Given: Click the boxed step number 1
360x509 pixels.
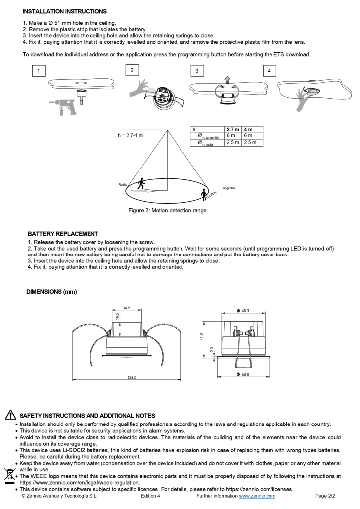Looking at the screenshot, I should click(x=39, y=71).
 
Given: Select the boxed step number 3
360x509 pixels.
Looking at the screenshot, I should click(x=197, y=71).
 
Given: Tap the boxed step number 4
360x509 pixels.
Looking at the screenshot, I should click(x=269, y=71).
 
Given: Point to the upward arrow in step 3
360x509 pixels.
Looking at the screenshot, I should click(x=227, y=78).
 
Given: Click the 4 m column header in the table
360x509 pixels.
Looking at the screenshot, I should click(x=248, y=129).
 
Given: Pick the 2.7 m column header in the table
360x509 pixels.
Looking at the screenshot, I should click(x=233, y=129).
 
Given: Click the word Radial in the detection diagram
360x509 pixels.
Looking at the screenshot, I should click(x=123, y=184).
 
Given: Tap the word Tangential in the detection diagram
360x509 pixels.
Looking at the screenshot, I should click(x=228, y=188).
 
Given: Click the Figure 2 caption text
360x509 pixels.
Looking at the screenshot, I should click(x=168, y=211).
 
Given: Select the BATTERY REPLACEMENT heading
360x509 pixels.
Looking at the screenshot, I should click(x=63, y=234).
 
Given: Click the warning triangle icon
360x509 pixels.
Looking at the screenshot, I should click(x=9, y=415).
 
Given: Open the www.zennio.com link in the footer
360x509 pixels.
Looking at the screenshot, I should click(x=257, y=496).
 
